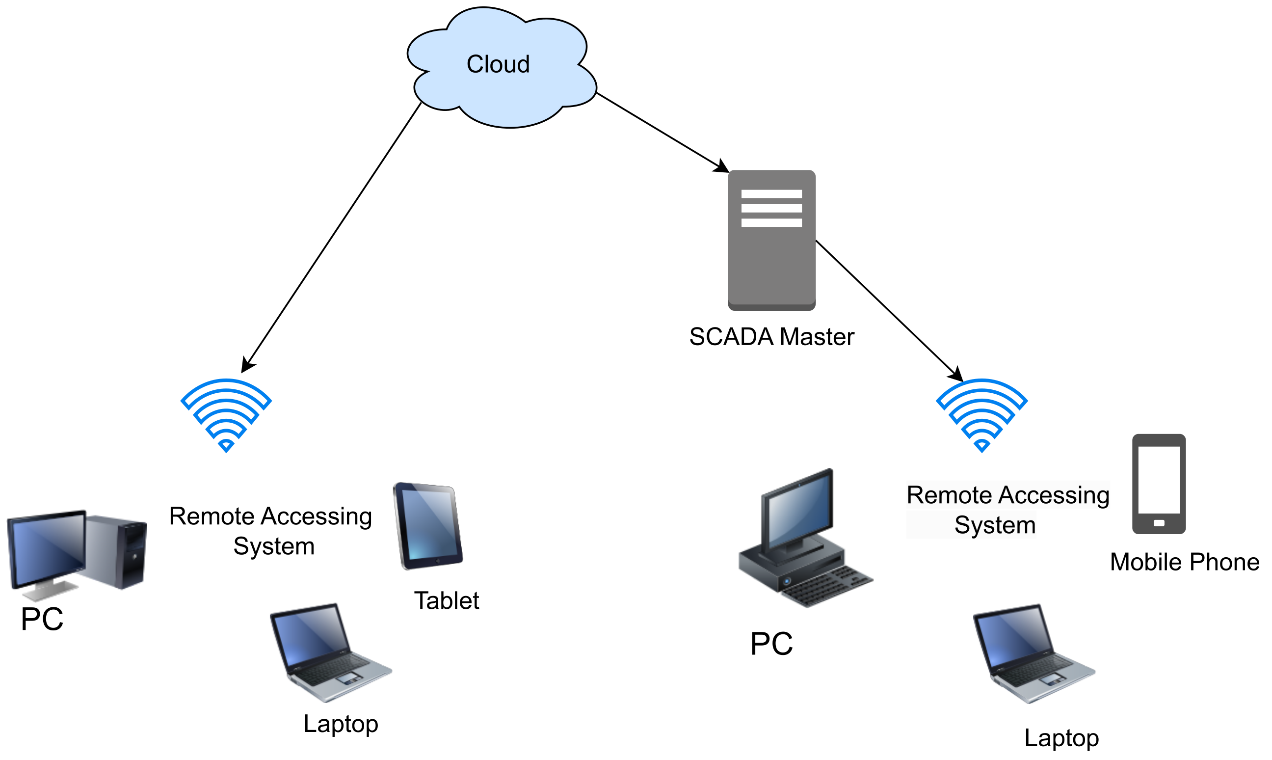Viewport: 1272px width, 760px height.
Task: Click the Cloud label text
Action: (498, 64)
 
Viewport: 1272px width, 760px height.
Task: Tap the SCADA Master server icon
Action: (771, 240)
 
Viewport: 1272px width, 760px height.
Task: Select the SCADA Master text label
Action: (771, 337)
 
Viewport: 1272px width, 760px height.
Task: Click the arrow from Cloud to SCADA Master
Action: (662, 133)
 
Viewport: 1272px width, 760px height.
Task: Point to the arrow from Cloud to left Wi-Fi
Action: (331, 237)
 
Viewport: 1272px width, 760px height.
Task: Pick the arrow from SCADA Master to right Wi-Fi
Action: (889, 311)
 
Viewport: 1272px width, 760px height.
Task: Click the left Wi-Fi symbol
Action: (226, 415)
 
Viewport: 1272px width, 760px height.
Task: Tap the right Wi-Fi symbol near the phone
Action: (981, 415)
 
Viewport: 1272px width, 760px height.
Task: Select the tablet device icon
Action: (428, 526)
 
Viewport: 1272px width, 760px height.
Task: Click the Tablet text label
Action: (447, 601)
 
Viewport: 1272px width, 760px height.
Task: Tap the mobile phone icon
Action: (1159, 484)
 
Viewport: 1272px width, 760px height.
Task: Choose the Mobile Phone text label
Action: (1185, 562)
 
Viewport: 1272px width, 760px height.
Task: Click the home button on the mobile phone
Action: (1159, 523)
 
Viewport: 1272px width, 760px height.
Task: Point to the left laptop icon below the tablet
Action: (331, 652)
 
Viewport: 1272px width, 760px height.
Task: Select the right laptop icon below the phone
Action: (1034, 653)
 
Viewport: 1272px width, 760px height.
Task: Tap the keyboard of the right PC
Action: (828, 586)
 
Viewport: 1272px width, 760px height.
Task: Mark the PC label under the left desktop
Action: (42, 619)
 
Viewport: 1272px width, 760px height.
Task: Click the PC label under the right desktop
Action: (771, 644)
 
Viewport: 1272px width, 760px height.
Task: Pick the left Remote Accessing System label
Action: (270, 531)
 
